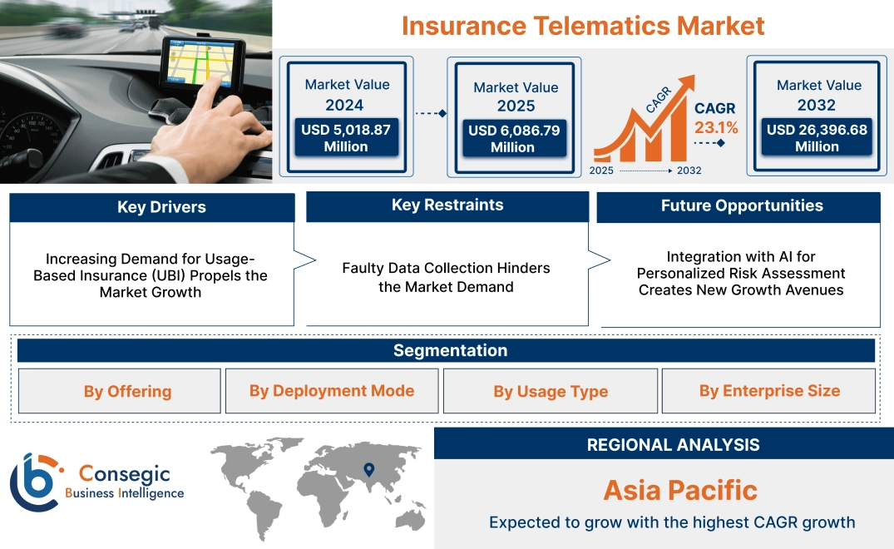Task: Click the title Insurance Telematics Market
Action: click(582, 25)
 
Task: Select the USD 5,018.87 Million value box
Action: click(345, 138)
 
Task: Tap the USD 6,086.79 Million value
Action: click(513, 139)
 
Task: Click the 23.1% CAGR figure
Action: click(716, 128)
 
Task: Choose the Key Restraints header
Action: click(447, 205)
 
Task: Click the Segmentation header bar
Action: click(450, 350)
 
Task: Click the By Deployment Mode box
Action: click(332, 391)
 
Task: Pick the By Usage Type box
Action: click(551, 391)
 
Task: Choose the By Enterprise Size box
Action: click(769, 391)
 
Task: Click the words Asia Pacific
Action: click(680, 489)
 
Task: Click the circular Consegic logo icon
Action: click(34, 482)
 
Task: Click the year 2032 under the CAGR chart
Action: click(689, 171)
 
